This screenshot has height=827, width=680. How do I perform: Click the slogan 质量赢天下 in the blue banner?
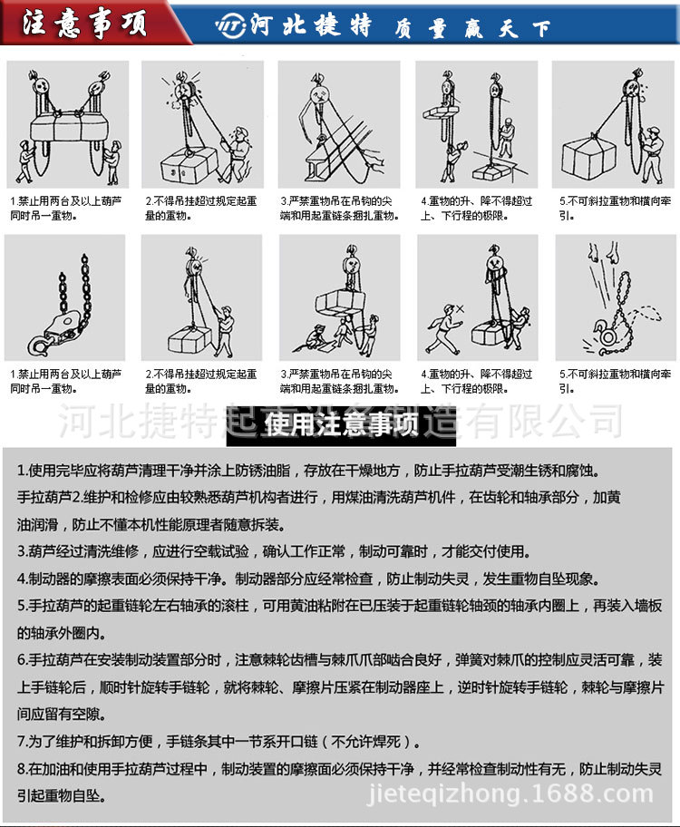tap(471, 28)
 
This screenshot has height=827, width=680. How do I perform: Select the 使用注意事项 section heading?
tap(340, 424)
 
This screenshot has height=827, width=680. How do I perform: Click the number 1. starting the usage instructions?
tap(24, 472)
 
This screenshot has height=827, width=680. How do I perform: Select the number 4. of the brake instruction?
tap(24, 578)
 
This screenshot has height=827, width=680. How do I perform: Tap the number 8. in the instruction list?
tap(24, 769)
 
